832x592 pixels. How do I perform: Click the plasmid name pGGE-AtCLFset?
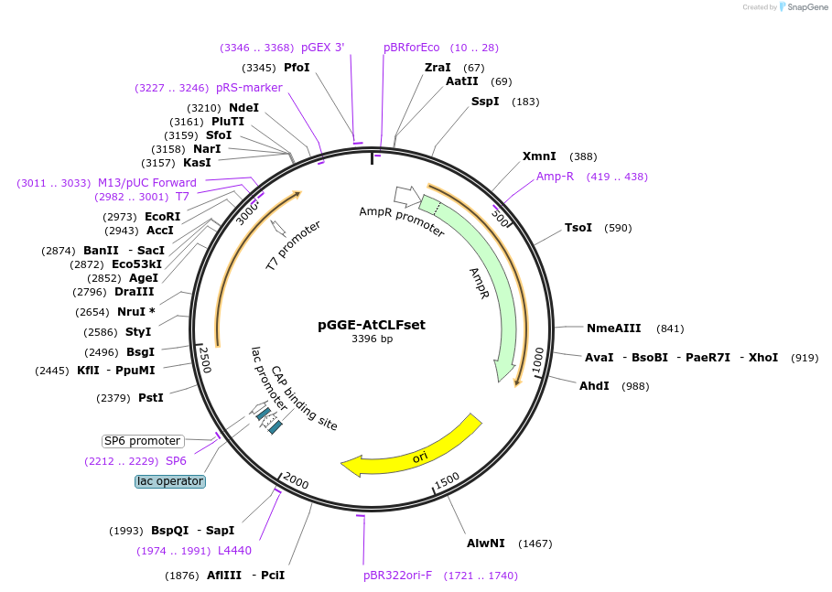371,324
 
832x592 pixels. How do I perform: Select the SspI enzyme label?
485,101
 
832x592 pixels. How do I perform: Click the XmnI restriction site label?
539,156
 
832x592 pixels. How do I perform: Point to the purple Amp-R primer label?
555,177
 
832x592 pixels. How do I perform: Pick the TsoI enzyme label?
578,228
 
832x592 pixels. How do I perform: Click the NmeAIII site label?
613,328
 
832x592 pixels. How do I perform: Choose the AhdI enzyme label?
594,386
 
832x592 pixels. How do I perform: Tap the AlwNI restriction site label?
485,544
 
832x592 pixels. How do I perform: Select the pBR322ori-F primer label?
397,576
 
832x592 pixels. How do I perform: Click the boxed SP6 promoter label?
142,441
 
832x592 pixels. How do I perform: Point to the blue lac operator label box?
170,481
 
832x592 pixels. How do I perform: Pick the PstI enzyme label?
150,397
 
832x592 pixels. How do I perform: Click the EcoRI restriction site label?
163,217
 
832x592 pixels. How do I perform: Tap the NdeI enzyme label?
243,108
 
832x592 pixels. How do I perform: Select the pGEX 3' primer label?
322,48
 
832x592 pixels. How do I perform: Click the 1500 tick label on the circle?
447,480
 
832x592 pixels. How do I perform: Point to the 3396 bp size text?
372,339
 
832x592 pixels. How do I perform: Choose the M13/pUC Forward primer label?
147,183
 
